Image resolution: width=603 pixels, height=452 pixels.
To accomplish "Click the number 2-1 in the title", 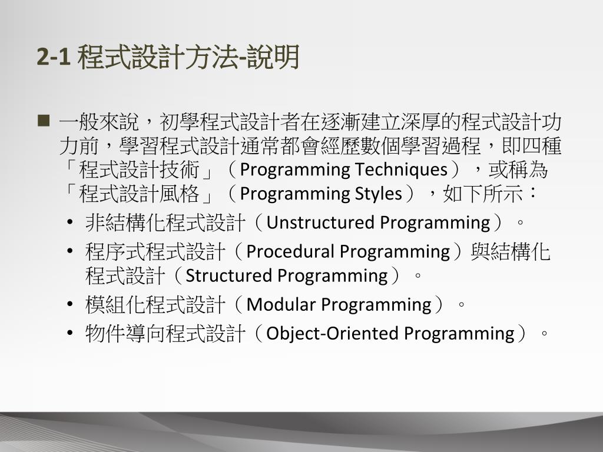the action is [54, 57].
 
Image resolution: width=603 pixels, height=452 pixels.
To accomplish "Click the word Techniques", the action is [401, 169].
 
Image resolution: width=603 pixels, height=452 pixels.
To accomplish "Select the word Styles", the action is [378, 194].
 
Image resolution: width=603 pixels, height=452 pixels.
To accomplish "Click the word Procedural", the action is [290, 252].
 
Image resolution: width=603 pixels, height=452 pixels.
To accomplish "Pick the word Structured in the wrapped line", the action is [229, 275].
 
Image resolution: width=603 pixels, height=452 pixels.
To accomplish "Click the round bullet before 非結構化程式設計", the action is [69, 223].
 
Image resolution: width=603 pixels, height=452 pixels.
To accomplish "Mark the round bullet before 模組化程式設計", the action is [69, 305].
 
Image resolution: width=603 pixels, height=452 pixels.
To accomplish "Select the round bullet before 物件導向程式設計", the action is [69, 333].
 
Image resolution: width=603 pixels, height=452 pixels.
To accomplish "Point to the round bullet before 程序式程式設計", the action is [69, 252].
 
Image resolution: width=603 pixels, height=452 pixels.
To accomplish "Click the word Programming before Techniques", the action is [295, 170].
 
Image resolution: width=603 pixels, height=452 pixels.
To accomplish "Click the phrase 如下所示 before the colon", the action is [483, 193].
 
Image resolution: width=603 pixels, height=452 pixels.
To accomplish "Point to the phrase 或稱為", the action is [518, 169].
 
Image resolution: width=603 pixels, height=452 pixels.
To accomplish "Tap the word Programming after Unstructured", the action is [435, 223].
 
